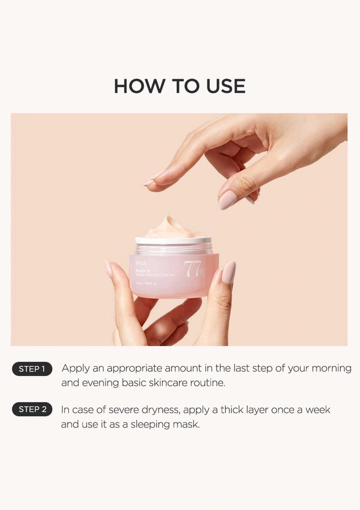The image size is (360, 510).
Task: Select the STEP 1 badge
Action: (32, 369)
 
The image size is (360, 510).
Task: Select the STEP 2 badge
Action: (32, 410)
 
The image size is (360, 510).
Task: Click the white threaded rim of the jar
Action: (173, 241)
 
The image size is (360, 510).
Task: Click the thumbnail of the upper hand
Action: (228, 199)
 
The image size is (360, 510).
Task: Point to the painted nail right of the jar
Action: (228, 273)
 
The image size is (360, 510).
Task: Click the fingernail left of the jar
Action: (108, 269)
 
